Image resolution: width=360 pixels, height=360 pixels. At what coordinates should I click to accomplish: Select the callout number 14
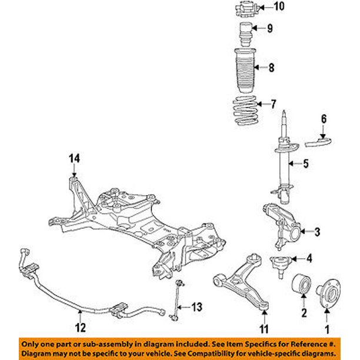coord(73,158)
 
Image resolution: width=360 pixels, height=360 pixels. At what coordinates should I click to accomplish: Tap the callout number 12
coord(81,328)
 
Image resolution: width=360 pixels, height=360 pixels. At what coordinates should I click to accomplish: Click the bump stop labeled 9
coord(246,29)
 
